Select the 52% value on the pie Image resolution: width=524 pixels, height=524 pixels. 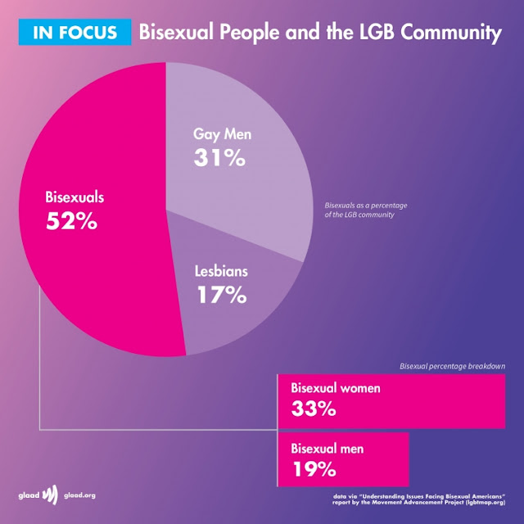tap(70, 219)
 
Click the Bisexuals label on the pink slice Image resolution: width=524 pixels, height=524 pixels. tap(75, 197)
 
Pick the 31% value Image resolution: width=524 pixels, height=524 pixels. tap(219, 157)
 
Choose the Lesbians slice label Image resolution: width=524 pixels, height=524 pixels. tap(221, 270)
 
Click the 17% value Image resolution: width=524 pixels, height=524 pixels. tap(221, 294)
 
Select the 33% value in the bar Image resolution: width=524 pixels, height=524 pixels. tap(314, 409)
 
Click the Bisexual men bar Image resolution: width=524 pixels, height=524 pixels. tap(343, 458)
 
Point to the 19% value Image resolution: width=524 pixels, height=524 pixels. tap(314, 469)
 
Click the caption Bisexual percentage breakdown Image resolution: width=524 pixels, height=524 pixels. tap(451, 366)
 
